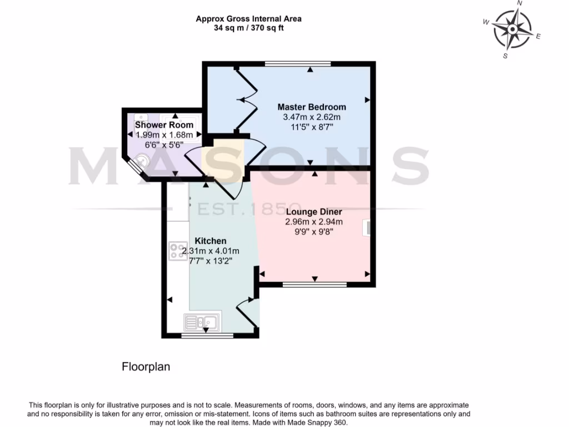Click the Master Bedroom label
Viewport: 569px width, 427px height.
[311, 107]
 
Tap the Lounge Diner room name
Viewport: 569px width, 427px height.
[313, 212]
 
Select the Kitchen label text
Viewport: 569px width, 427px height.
[210, 241]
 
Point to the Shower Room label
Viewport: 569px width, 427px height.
[164, 125]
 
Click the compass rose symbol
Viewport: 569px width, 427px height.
[512, 29]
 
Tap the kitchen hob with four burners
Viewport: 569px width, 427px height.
[178, 251]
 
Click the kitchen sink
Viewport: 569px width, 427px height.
[202, 321]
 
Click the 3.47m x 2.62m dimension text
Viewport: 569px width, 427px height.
[311, 117]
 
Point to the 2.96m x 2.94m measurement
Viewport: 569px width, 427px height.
[313, 221]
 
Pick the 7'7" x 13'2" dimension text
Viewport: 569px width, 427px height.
[210, 260]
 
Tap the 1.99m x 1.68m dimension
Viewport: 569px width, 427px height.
[164, 135]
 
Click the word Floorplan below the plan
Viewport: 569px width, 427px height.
[146, 367]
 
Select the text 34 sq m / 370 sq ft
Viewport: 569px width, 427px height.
[248, 28]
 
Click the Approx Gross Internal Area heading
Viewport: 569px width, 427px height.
[248, 19]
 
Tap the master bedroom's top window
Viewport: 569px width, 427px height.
[298, 64]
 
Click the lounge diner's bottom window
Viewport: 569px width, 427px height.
[315, 285]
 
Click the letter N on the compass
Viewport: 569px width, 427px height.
[520, 3]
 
